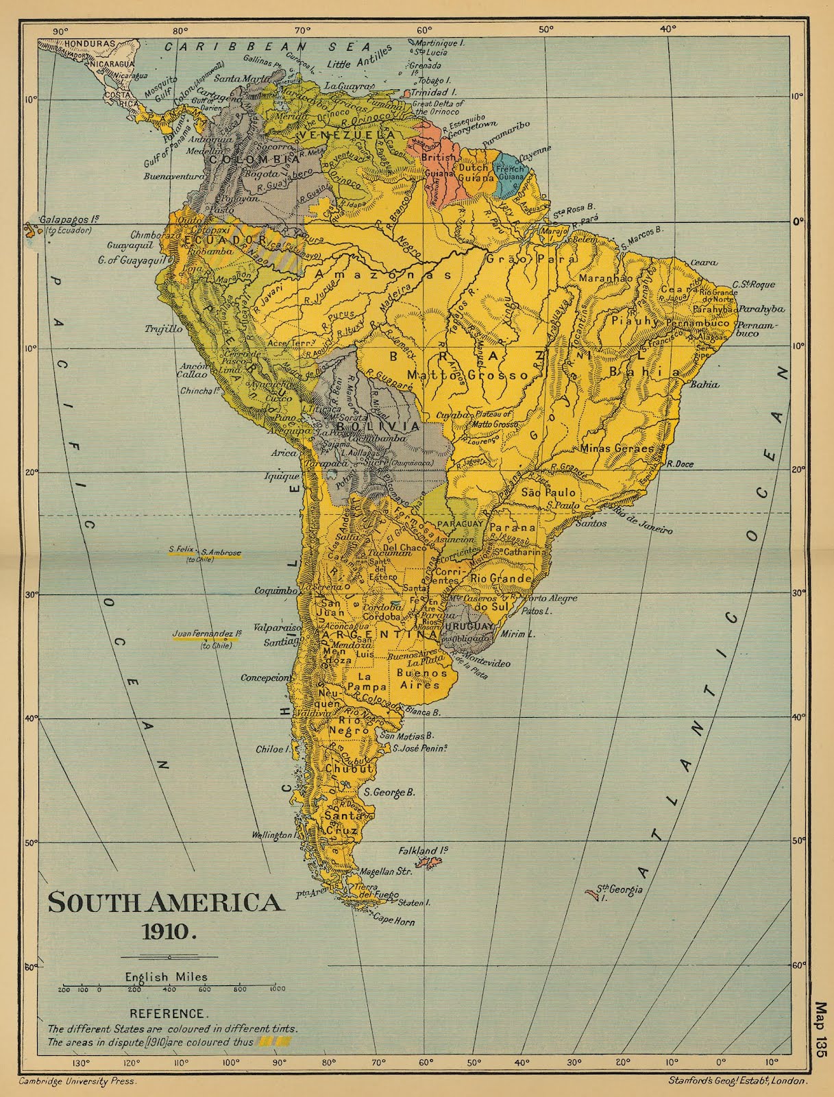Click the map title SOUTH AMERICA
click(x=164, y=902)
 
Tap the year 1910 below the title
click(x=169, y=931)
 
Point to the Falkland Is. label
click(x=423, y=850)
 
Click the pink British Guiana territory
click(x=439, y=171)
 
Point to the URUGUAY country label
click(x=468, y=627)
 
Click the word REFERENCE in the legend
click(x=167, y=1013)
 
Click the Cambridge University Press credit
click(x=77, y=1081)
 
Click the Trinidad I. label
click(x=430, y=91)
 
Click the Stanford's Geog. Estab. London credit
click(x=737, y=1081)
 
